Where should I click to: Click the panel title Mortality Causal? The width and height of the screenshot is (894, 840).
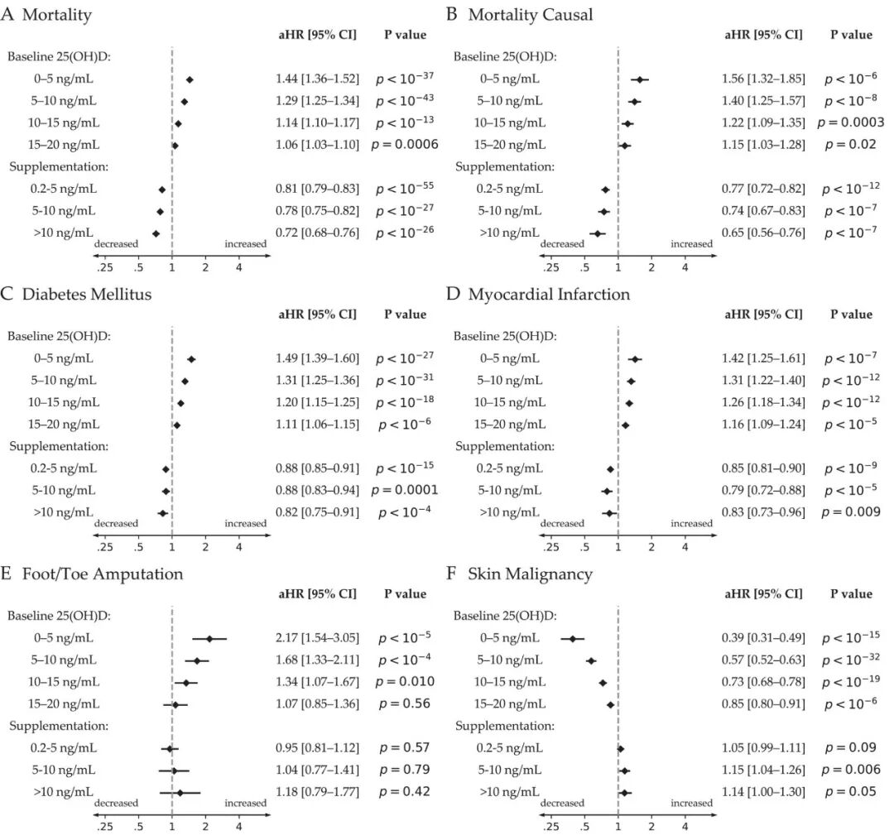pos(531,15)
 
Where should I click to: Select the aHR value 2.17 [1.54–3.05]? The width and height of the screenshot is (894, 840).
pos(318,638)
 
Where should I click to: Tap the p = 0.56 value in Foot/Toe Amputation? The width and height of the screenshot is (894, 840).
pos(405,703)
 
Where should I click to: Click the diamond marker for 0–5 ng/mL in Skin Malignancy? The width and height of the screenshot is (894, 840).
pos(573,639)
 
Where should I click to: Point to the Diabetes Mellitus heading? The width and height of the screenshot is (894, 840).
pos(87,294)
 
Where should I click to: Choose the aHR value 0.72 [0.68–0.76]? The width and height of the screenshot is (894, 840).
pos(318,233)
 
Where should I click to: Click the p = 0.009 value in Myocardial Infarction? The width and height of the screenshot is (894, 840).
pos(851,512)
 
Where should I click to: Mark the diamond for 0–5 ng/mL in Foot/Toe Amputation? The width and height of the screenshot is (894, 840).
pos(209,639)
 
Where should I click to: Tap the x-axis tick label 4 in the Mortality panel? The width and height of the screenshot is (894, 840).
pos(239,267)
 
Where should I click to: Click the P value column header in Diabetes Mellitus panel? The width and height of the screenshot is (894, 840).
pos(405,314)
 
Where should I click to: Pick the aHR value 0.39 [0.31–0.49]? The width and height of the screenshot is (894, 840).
pos(763,638)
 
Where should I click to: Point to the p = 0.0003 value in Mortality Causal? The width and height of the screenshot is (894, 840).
pos(851,122)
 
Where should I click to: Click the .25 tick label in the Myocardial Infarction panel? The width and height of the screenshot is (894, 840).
pos(550,547)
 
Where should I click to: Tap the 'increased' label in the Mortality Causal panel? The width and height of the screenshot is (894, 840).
pos(691,244)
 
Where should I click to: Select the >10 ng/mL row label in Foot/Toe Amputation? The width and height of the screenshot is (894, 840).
pos(63,791)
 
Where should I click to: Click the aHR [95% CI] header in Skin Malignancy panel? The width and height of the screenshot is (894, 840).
pos(763,594)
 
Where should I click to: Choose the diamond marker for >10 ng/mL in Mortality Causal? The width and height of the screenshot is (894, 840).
pos(598,233)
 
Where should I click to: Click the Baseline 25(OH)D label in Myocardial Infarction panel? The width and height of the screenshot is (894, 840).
pos(505,336)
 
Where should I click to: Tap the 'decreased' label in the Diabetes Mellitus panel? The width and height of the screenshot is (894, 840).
pos(117,523)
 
